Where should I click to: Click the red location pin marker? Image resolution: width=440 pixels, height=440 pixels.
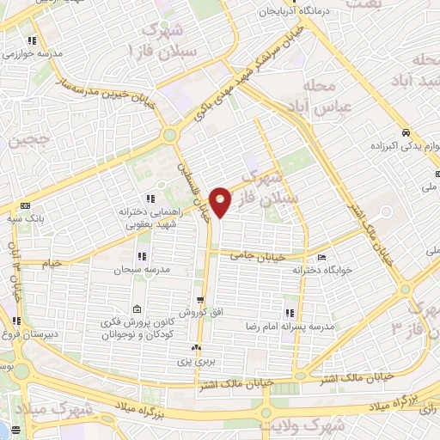[221, 202]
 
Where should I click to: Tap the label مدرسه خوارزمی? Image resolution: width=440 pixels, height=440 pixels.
[34, 53]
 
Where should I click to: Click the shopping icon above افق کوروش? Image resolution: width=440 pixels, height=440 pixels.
[200, 300]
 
